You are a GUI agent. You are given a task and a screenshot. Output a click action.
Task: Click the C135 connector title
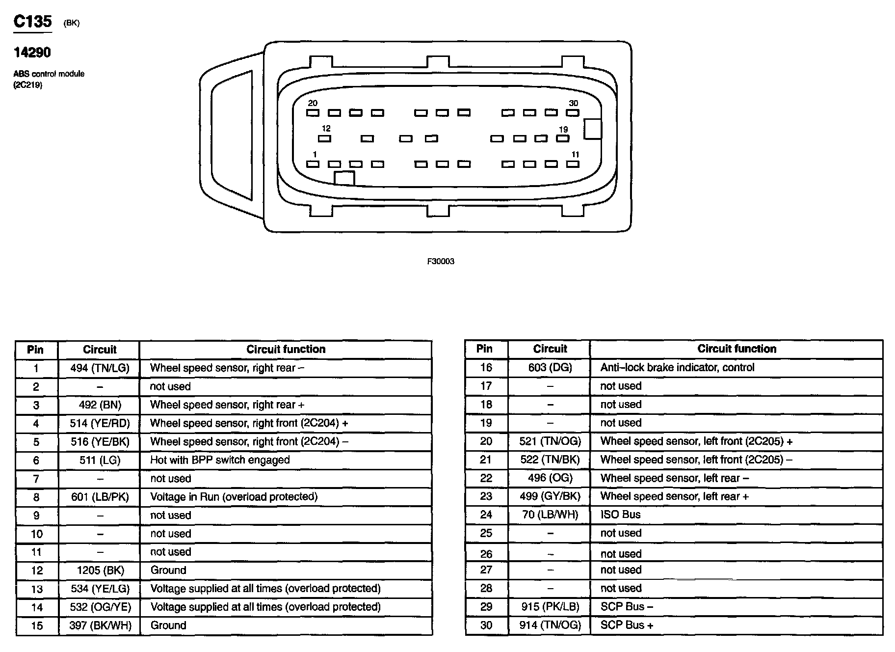click(32, 22)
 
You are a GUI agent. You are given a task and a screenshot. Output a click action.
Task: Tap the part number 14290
click(32, 52)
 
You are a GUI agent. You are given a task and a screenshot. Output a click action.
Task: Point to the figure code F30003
click(441, 262)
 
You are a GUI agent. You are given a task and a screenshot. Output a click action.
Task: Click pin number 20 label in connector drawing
click(313, 103)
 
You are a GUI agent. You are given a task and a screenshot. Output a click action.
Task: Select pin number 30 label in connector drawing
click(573, 103)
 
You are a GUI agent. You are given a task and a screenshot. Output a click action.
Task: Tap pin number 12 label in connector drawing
click(326, 129)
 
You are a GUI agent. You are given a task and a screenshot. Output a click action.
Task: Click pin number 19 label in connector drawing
click(563, 130)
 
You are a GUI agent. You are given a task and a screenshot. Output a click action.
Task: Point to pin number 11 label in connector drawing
click(575, 155)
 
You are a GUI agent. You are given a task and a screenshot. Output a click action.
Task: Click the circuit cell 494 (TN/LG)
click(100, 368)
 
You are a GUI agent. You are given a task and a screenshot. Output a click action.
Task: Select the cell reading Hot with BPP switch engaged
click(220, 460)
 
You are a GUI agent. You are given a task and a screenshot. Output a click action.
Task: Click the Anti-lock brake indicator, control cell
click(677, 367)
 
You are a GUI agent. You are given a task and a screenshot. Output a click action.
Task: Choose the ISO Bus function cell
click(620, 515)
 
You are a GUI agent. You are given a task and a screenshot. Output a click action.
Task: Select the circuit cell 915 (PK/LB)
click(550, 607)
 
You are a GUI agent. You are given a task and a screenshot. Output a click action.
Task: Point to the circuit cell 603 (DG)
click(550, 367)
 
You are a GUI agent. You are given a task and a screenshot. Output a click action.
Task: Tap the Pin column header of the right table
click(484, 349)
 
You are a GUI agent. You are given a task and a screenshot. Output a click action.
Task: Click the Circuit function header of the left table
click(286, 350)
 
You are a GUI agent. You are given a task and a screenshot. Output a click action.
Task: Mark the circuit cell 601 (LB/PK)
click(100, 497)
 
